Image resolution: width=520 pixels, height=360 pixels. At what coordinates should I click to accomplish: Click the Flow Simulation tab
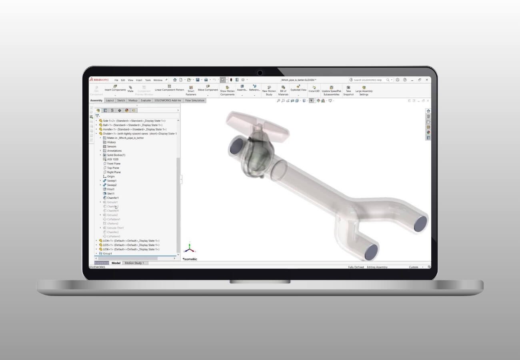[x=195, y=100]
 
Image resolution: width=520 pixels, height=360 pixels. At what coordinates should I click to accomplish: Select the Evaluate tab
[x=146, y=100]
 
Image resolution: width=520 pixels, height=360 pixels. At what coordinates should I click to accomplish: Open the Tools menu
[x=148, y=80]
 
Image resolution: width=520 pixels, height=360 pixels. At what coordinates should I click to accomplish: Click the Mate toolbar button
[x=130, y=89]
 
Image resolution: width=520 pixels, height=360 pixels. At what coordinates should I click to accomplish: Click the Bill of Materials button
[x=283, y=90]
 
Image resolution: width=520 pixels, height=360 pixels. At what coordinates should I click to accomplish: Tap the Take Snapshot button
[x=348, y=90]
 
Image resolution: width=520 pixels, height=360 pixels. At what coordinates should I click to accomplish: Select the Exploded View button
[x=298, y=88]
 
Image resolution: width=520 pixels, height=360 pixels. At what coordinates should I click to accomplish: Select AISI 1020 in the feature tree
[x=112, y=159]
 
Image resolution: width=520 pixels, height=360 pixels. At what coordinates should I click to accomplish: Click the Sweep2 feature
[x=112, y=185]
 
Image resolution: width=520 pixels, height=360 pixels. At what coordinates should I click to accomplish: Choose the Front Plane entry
[x=114, y=164]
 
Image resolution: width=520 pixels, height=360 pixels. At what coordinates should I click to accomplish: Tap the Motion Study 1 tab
[x=134, y=263]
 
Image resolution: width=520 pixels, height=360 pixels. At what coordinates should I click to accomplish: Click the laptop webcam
[x=260, y=73]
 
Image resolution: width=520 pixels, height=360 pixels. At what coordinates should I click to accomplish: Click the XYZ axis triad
[x=189, y=248]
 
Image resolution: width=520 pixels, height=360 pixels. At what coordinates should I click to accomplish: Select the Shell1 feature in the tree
[x=110, y=194]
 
